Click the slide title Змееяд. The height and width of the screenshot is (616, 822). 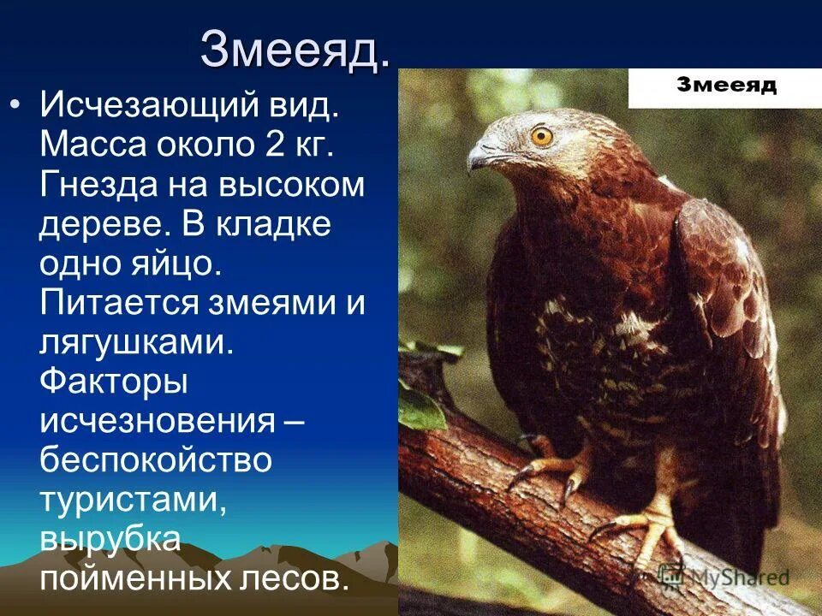(x=295, y=51)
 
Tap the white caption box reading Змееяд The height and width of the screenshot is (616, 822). (x=725, y=86)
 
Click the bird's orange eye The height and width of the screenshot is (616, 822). (x=541, y=136)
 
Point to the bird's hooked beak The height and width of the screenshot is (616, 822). (x=479, y=156)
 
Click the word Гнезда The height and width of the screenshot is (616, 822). (x=97, y=185)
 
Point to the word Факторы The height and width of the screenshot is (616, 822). (x=114, y=382)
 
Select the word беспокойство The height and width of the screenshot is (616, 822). (x=155, y=460)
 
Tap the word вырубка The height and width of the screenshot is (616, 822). (x=110, y=539)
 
